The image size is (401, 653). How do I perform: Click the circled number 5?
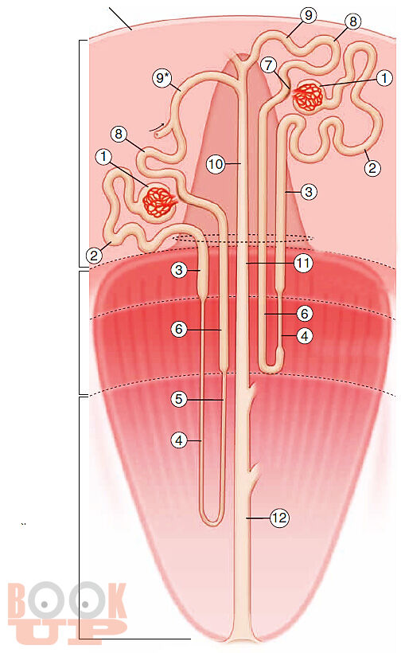point(178,399)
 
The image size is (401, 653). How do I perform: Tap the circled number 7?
point(269,65)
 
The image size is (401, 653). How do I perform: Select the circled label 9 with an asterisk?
point(162,78)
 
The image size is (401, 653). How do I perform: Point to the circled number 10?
point(216,164)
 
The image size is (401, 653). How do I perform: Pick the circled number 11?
point(303,264)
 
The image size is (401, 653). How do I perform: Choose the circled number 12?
point(279,518)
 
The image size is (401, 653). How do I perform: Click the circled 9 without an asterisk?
point(308,16)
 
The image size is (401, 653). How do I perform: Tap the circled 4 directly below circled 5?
point(179,440)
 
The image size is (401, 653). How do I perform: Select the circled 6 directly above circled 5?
point(179,330)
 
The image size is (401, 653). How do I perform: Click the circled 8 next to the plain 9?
point(353,22)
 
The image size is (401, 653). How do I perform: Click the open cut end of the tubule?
point(156,135)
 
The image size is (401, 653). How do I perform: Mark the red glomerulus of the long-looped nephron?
point(158,202)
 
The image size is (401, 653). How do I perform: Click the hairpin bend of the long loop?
point(212,522)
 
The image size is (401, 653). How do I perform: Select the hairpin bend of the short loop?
point(271,367)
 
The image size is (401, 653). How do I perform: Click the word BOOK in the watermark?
point(67,602)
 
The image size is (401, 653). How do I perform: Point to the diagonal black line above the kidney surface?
point(121,19)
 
